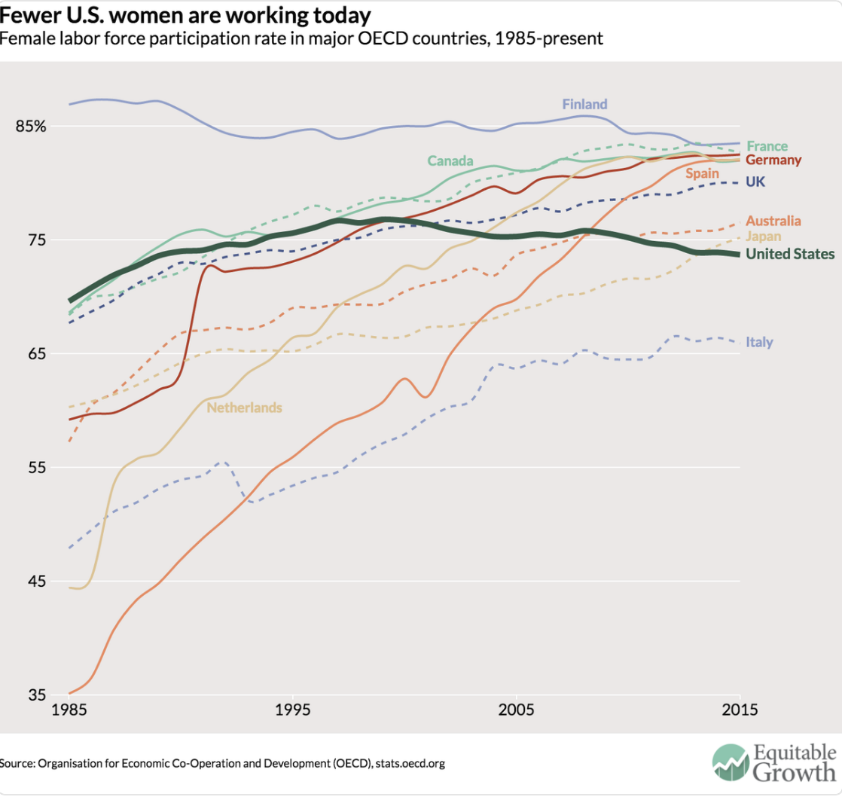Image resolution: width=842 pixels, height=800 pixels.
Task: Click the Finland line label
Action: tap(584, 104)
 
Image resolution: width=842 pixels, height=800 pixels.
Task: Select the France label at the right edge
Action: tap(767, 146)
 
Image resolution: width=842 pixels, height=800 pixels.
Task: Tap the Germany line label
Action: tap(773, 160)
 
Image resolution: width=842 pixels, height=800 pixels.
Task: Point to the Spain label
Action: tap(702, 173)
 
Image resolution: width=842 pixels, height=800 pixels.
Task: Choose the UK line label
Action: tap(755, 182)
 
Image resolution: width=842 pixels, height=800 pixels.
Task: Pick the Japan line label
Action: tap(763, 237)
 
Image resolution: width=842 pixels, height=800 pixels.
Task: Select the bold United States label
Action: tap(790, 254)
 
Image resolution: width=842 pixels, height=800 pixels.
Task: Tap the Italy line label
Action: tap(759, 342)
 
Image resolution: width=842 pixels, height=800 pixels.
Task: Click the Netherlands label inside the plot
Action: tap(244, 408)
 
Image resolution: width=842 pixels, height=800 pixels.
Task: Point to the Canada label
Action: tap(450, 160)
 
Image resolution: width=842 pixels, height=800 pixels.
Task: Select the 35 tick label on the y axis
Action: tap(36, 695)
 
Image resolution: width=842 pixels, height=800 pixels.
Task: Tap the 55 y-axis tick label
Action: tap(36, 467)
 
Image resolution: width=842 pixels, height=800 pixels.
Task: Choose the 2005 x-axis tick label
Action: tap(517, 710)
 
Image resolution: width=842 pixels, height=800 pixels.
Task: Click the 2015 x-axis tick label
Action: tap(739, 710)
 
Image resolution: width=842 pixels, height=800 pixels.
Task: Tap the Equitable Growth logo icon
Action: tap(728, 764)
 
